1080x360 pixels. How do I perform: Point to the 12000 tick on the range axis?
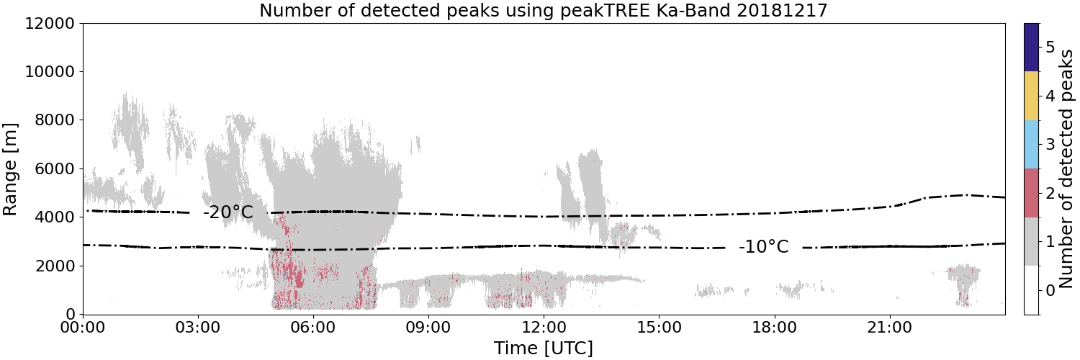50,23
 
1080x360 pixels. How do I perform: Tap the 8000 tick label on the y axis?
55,120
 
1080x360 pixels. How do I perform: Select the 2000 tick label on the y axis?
55,266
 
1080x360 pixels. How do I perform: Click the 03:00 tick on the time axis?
198,328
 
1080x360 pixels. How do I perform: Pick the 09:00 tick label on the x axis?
428,328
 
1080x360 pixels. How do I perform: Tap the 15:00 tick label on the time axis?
659,328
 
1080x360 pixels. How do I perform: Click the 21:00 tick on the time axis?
889,328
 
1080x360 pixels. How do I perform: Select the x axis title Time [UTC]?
544,348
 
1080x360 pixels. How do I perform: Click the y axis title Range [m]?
9,169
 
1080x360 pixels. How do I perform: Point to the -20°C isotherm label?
228,212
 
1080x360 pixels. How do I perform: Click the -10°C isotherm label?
764,247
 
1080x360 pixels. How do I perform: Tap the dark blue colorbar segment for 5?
1031,48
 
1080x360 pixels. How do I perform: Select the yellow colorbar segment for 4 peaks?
1031,96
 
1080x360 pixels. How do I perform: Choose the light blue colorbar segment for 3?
1031,145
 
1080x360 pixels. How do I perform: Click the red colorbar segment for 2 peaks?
1031,193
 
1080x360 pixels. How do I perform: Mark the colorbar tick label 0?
1050,290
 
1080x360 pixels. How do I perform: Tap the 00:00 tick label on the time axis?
84,328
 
